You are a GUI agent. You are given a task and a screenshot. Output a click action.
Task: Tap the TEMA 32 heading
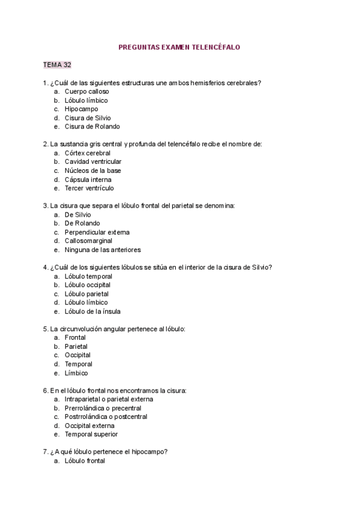pyautogui.click(x=57, y=65)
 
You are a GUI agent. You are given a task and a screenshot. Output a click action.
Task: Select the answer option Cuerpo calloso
pyautogui.click(x=86, y=91)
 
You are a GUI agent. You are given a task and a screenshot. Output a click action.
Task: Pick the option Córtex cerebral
pyautogui.click(x=88, y=153)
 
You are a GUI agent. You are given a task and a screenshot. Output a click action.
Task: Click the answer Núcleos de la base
pyautogui.click(x=92, y=170)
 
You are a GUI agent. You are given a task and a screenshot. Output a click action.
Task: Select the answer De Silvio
pyautogui.click(x=78, y=214)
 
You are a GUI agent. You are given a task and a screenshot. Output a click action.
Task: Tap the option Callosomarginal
pyautogui.click(x=88, y=241)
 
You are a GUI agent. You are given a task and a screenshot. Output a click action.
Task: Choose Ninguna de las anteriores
pyautogui.click(x=103, y=250)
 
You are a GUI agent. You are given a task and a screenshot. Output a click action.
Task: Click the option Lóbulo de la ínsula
pyautogui.click(x=92, y=312)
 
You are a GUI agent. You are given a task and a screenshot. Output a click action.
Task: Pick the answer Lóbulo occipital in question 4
pyautogui.click(x=87, y=285)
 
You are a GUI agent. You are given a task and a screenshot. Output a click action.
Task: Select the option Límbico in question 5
pyautogui.click(x=76, y=373)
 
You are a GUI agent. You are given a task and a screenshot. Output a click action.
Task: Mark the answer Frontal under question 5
pyautogui.click(x=75, y=337)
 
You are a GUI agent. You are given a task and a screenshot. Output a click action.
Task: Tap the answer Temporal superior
pyautogui.click(x=91, y=434)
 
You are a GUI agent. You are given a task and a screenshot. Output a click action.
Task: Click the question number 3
pyautogui.click(x=46, y=205)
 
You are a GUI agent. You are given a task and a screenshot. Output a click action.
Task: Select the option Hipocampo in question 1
pyautogui.click(x=81, y=109)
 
